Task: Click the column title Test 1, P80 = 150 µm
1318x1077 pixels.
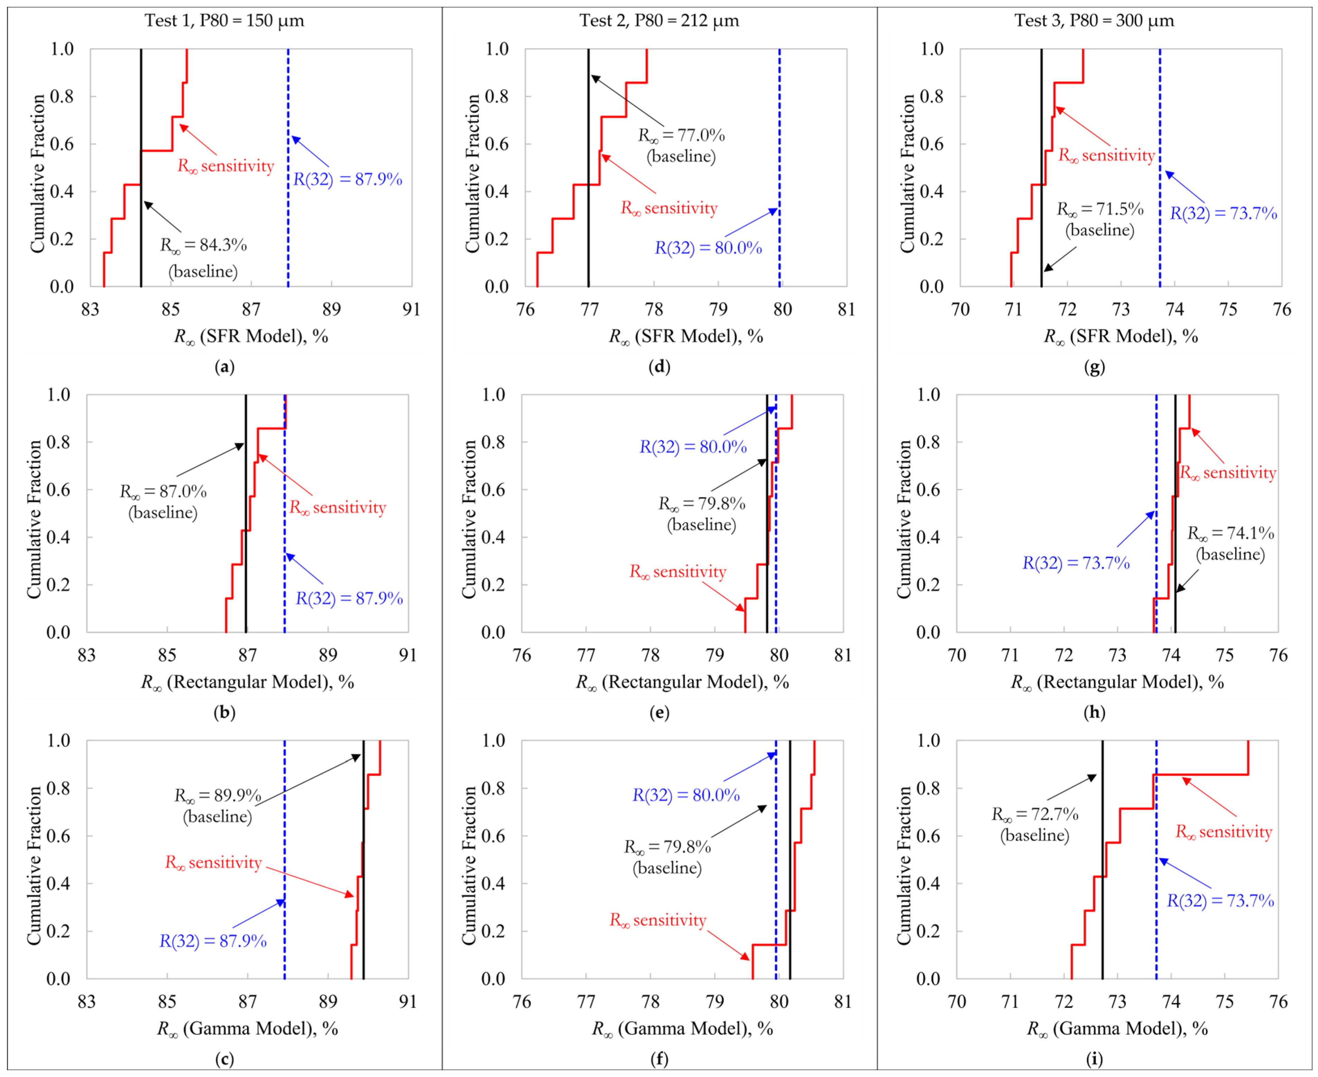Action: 224,20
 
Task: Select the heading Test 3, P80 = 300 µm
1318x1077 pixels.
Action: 1094,20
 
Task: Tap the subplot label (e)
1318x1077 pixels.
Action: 659,712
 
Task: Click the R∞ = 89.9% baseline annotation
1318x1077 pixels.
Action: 218,805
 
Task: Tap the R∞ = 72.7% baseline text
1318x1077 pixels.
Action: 1034,824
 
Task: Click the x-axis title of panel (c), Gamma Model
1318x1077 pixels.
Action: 248,1029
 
